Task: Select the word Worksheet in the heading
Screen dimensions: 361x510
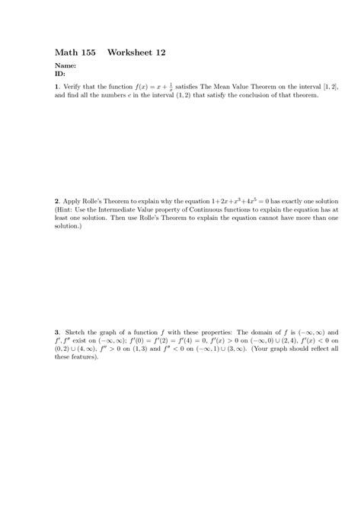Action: point(130,53)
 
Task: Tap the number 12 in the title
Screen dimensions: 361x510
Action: point(161,53)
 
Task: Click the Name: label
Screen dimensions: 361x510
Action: point(66,67)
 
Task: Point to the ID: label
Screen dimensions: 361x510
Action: point(60,75)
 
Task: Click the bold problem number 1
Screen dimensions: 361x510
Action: point(56,88)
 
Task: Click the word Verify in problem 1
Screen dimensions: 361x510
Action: point(74,88)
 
